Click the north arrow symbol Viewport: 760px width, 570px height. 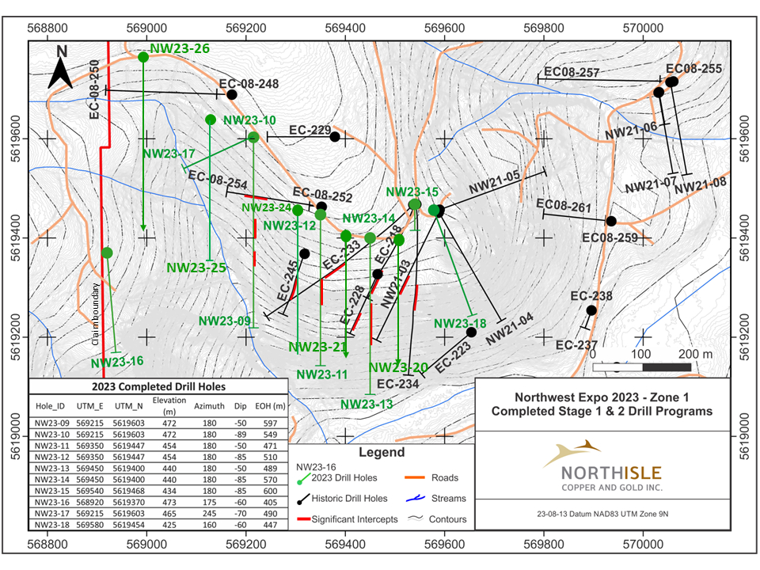pyautogui.click(x=62, y=68)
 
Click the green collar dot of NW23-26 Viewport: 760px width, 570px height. pyautogui.click(x=143, y=57)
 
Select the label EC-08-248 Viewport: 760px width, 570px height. pyautogui.click(x=249, y=83)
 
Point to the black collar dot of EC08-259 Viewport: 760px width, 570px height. pyautogui.click(x=610, y=221)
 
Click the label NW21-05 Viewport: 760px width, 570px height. pyautogui.click(x=493, y=184)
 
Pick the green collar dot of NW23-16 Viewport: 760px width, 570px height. pyautogui.click(x=107, y=253)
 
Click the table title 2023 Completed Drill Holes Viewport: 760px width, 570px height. pyautogui.click(x=158, y=387)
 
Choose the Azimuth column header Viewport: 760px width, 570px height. pyautogui.click(x=210, y=405)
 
